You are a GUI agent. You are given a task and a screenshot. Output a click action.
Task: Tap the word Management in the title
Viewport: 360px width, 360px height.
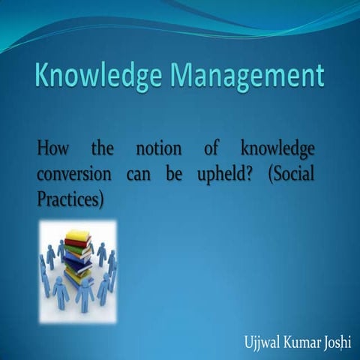pyautogui.click(x=249, y=76)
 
